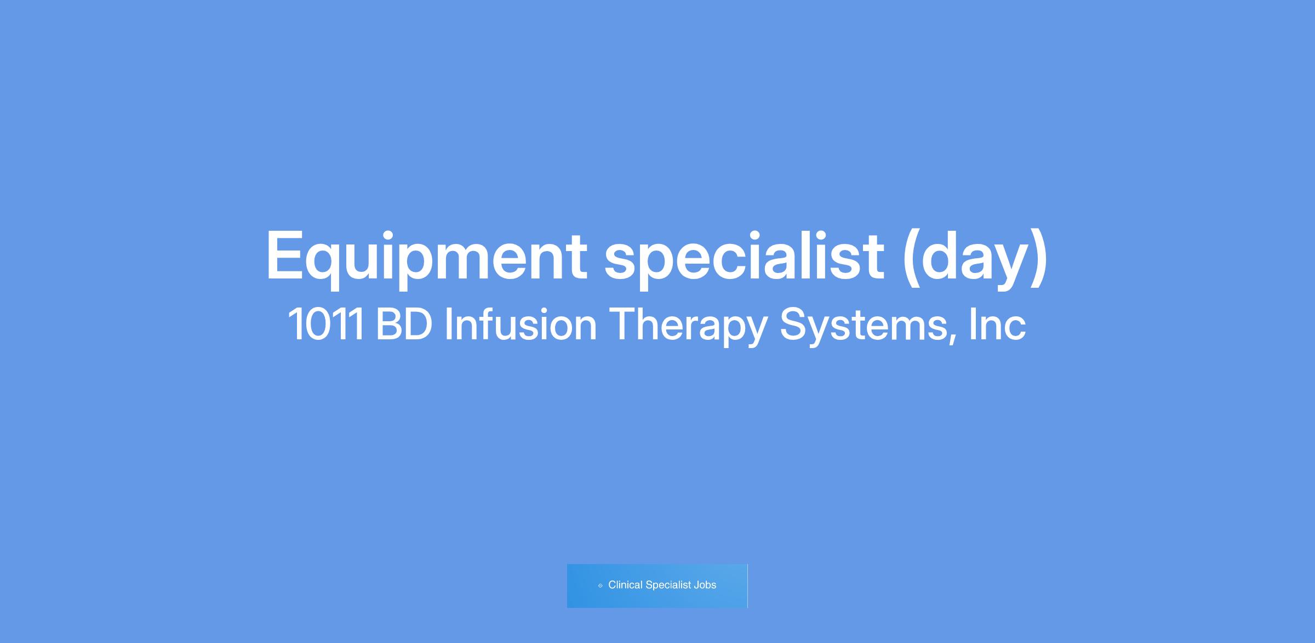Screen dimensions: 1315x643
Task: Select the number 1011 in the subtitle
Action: tap(326, 325)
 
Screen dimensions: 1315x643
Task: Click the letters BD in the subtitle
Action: tap(404, 325)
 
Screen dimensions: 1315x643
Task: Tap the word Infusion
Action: tap(520, 324)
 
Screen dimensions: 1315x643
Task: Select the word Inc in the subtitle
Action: tap(997, 325)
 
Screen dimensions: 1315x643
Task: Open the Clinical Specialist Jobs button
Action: tap(657, 585)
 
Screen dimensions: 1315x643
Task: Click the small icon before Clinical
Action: tap(601, 585)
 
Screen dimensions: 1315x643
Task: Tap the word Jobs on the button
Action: tap(705, 585)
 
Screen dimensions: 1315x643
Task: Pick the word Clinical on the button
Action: tap(625, 585)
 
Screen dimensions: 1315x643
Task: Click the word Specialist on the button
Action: tap(668, 585)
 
